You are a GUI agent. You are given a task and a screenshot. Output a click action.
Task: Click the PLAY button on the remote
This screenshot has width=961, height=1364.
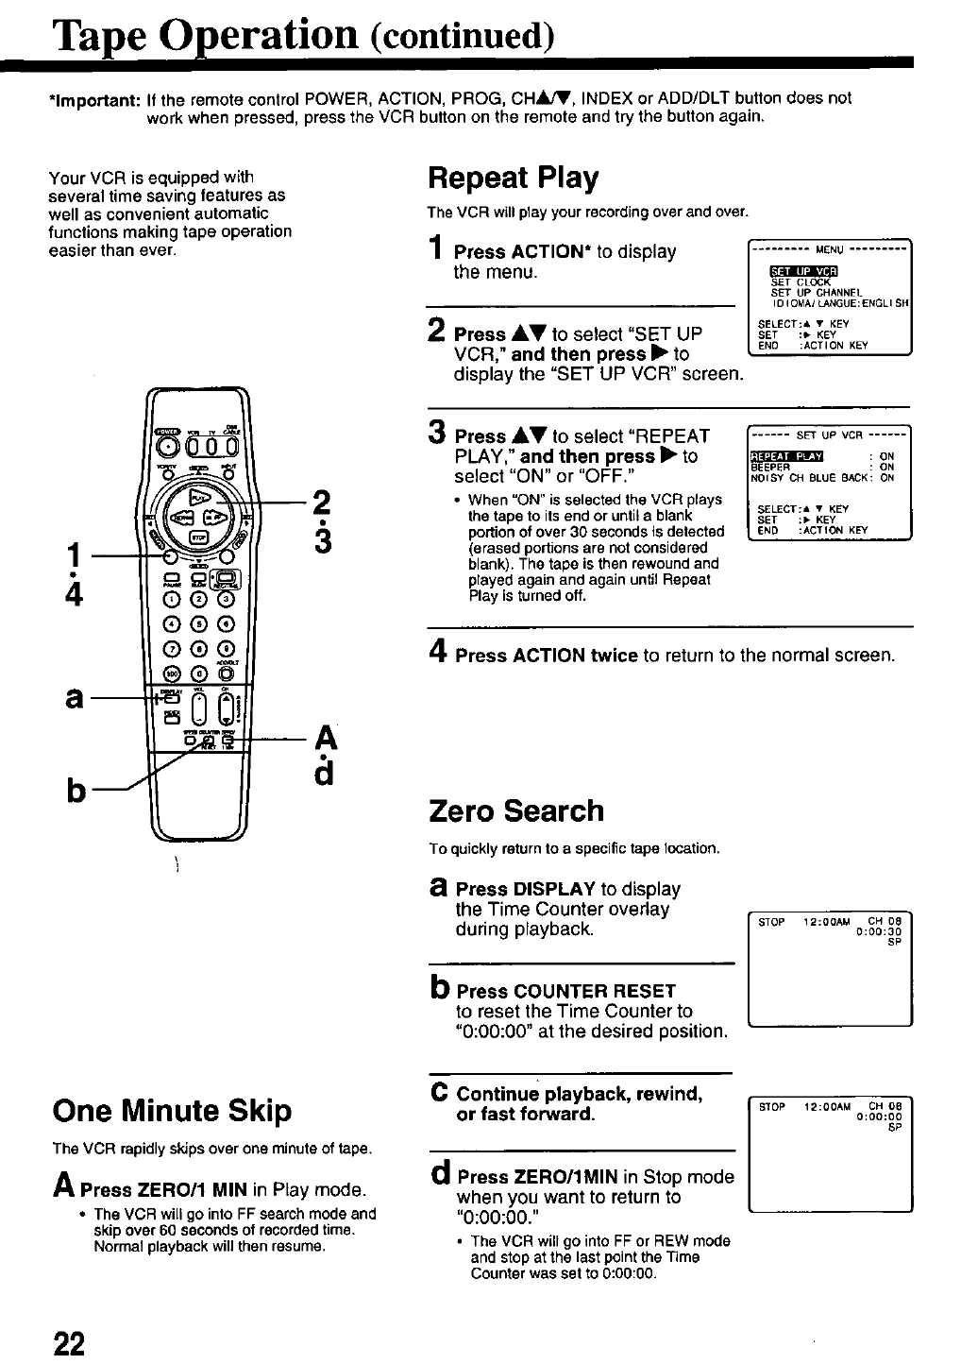pyautogui.click(x=200, y=497)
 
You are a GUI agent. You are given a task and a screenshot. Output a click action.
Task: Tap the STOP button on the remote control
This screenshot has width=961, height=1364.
pyautogui.click(x=199, y=537)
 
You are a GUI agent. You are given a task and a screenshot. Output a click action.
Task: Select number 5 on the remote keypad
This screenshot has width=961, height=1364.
pyautogui.click(x=199, y=622)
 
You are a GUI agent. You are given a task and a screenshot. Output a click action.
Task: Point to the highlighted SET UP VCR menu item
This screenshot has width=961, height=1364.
pyautogui.click(x=798, y=272)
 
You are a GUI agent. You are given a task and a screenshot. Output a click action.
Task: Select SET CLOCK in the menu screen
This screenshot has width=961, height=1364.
pyautogui.click(x=801, y=281)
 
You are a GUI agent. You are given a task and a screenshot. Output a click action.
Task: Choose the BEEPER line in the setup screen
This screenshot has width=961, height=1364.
pyautogui.click(x=770, y=467)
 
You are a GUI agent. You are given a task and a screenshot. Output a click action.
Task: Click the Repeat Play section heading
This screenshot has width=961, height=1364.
pyautogui.click(x=513, y=178)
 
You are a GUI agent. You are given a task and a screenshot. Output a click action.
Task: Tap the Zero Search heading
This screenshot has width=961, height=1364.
pyautogui.click(x=515, y=810)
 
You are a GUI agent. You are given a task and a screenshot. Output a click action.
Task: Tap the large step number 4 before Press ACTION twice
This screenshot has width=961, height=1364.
pyautogui.click(x=437, y=654)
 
